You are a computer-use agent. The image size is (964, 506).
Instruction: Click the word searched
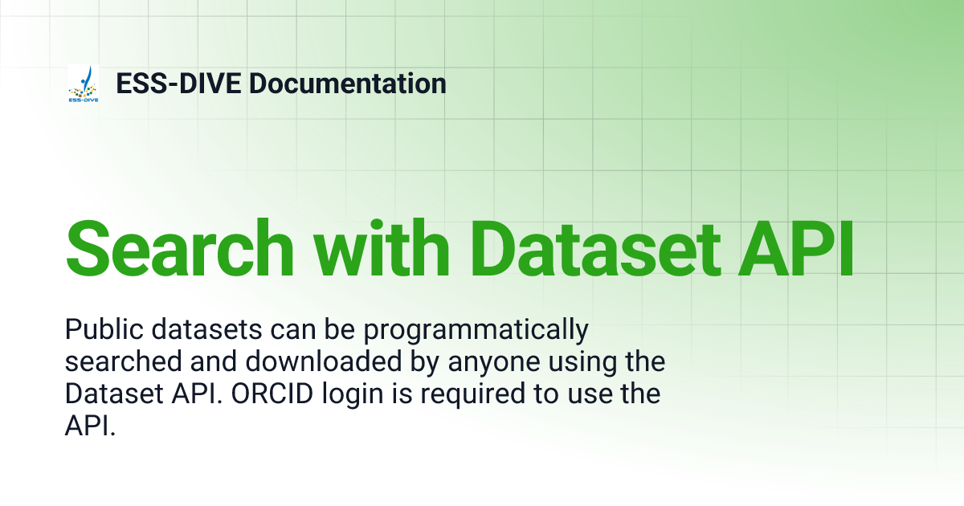click(114, 362)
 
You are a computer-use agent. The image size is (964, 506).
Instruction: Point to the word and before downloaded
click(192, 362)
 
